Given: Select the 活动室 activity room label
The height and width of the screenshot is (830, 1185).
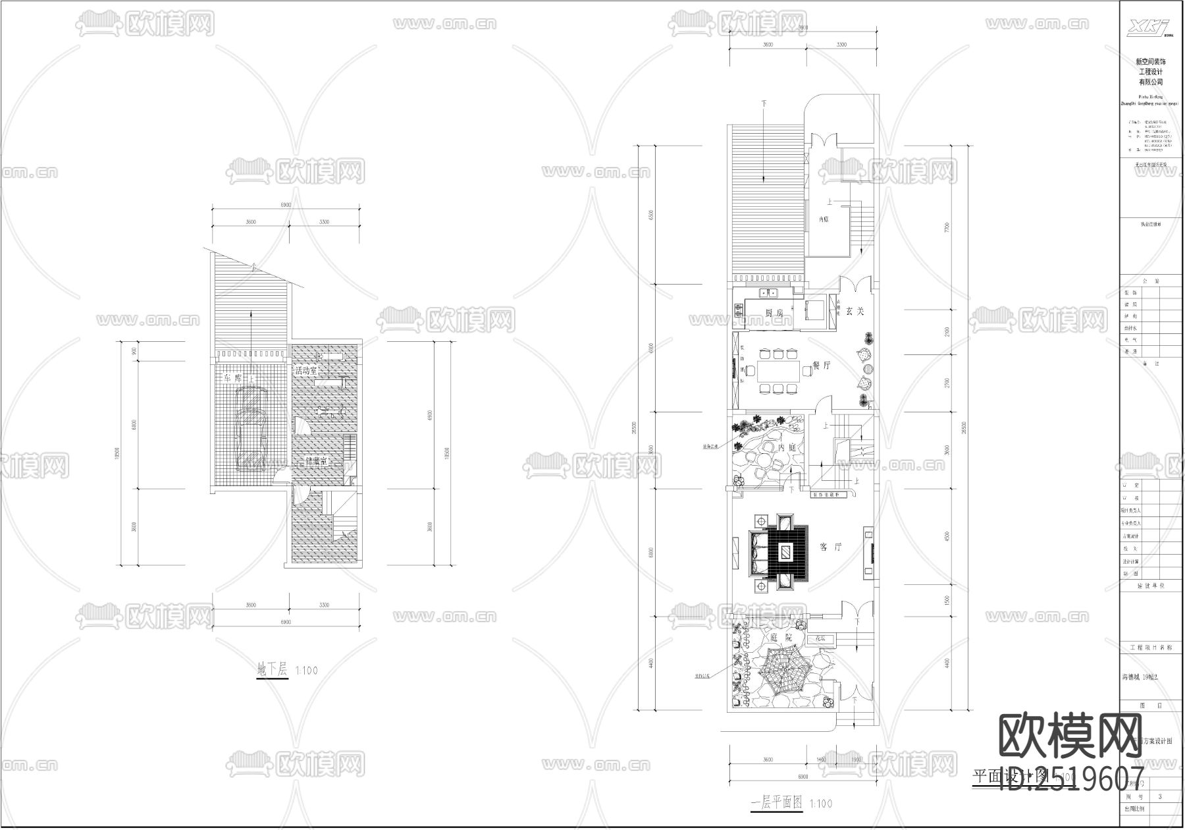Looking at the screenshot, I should (x=307, y=371).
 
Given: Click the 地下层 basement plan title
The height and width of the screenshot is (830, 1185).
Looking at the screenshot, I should (x=273, y=671).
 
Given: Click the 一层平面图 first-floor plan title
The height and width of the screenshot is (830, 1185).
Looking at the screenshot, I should (x=777, y=804).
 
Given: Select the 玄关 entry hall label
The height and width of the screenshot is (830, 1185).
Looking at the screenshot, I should (x=855, y=310).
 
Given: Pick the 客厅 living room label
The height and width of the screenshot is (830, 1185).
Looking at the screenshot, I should (x=831, y=547).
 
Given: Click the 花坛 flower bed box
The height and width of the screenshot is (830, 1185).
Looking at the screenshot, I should (x=820, y=638).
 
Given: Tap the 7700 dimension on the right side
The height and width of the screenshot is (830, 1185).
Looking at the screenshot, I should (x=947, y=227).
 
